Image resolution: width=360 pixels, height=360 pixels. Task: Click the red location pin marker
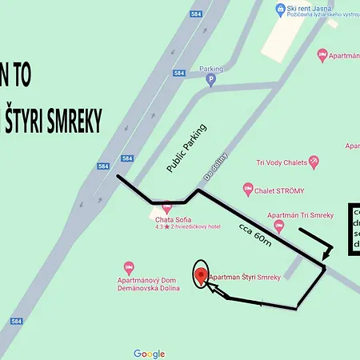click(x=201, y=275)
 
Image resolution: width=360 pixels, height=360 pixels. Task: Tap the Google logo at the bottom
click(x=150, y=354)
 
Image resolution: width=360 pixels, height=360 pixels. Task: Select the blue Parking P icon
click(x=210, y=80)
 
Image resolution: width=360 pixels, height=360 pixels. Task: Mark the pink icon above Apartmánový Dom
click(x=129, y=266)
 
